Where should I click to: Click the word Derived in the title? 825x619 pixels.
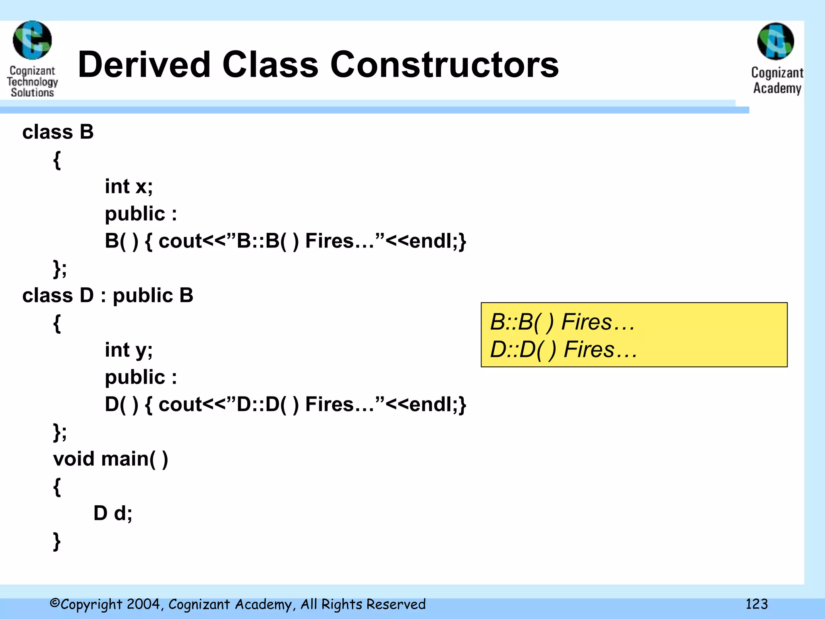coord(144,65)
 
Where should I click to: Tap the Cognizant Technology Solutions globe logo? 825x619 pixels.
coord(32,40)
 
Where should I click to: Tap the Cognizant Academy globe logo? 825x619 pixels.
coord(775,42)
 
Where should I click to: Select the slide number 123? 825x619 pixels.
coord(756,604)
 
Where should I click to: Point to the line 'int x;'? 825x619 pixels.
coord(129,187)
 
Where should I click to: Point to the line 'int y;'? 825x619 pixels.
coord(129,350)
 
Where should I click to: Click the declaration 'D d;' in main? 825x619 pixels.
coord(113,513)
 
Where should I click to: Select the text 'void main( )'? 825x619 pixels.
coord(110,459)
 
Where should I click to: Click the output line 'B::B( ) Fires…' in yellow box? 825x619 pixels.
coord(562,322)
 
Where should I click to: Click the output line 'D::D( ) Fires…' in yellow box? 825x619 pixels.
coord(563,349)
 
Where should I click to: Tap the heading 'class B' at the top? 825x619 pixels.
coord(58,132)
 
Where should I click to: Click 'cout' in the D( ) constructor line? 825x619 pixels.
coord(180,405)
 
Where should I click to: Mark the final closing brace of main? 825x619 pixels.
coord(57,541)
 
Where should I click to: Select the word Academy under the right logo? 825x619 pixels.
coord(777,88)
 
